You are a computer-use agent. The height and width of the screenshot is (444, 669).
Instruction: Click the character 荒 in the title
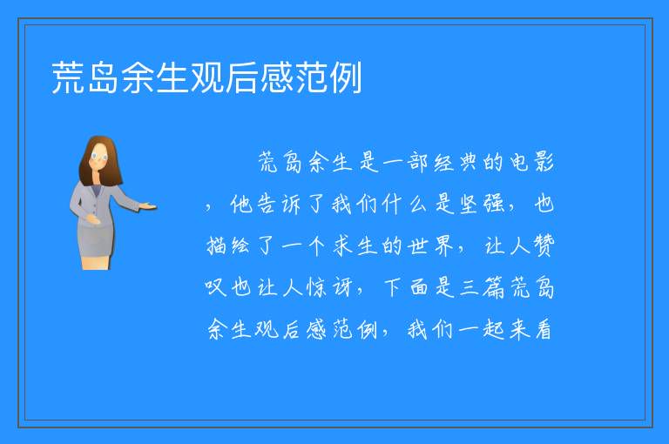tap(68, 77)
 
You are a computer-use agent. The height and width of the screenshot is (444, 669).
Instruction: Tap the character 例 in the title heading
tap(346, 77)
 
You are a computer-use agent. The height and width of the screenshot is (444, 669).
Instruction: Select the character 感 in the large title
tap(276, 77)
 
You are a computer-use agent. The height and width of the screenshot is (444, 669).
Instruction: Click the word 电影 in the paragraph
tap(531, 163)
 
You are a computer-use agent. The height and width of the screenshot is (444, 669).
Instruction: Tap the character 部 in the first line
tap(417, 163)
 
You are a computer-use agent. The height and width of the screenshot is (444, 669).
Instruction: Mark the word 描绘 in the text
tap(228, 246)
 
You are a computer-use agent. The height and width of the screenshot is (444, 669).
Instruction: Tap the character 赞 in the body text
tap(544, 246)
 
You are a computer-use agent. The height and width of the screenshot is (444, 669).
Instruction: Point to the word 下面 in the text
tap(405, 287)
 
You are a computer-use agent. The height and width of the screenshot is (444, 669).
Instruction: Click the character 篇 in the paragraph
tap(494, 287)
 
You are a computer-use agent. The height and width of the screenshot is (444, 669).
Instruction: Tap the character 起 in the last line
tap(494, 329)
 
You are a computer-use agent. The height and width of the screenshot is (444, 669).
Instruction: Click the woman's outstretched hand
tap(148, 207)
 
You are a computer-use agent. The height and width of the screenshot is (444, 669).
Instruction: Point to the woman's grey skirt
tap(96, 239)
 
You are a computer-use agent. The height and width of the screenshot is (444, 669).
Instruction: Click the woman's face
tap(99, 157)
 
